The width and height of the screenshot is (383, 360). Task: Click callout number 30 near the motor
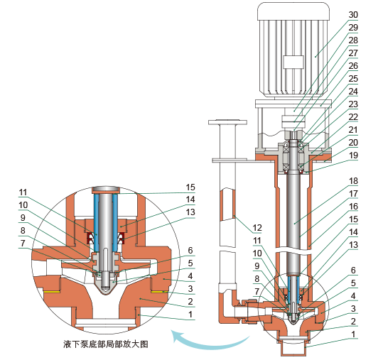coord(353,14)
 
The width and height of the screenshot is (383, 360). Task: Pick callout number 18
coord(353,182)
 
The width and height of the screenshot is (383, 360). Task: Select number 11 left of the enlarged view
coord(23,192)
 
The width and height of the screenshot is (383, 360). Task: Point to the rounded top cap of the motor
coord(293,11)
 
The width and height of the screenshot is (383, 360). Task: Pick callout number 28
coord(353,40)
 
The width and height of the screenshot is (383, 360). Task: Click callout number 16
coord(353,207)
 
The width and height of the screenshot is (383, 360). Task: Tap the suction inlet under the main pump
coord(294,348)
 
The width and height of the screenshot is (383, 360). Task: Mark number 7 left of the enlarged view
coord(23,243)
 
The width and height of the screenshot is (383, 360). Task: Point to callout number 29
coord(353,27)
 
